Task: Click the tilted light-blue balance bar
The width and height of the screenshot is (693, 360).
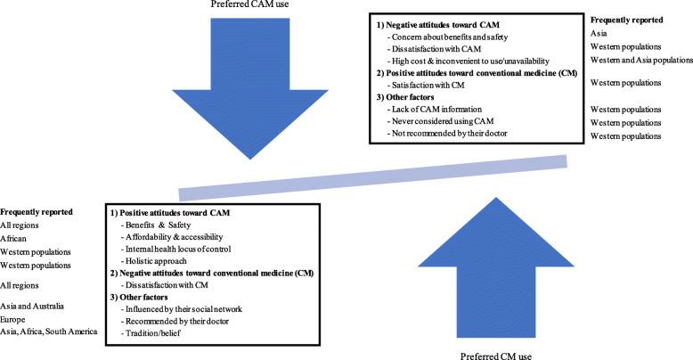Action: [x=374, y=177]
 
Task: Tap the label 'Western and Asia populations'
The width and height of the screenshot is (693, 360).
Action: [x=635, y=59]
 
